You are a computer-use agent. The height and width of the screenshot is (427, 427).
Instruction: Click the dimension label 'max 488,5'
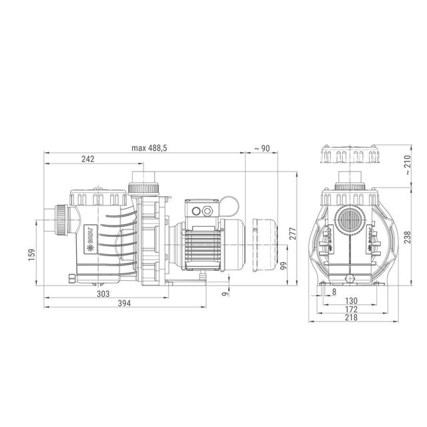149,148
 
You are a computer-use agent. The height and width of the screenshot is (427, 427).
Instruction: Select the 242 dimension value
87,159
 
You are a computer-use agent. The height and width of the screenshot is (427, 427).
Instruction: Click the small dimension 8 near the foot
334,292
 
